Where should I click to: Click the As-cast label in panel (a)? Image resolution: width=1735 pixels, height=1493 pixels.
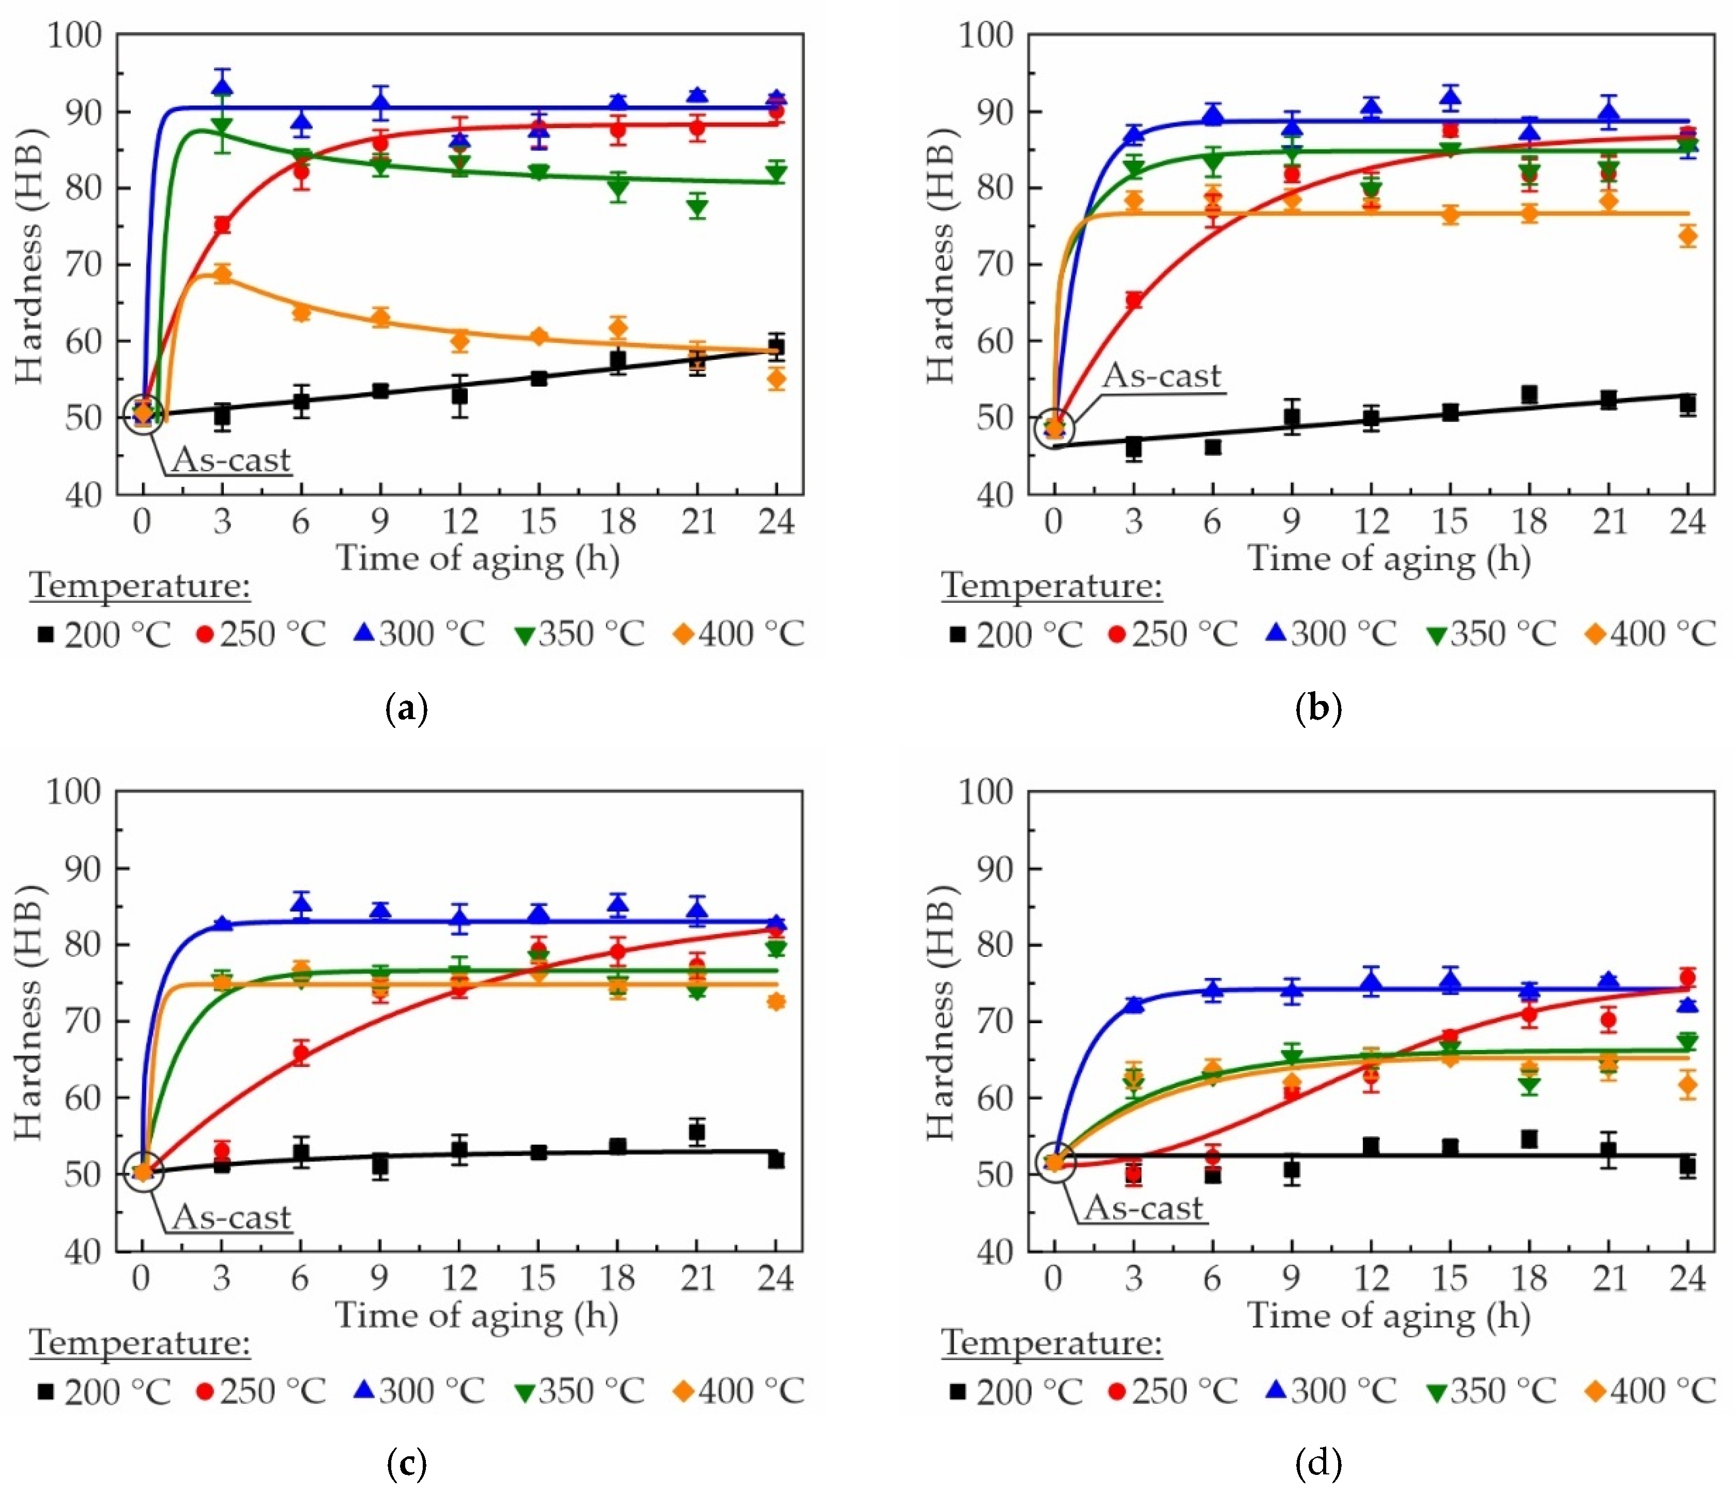point(231,460)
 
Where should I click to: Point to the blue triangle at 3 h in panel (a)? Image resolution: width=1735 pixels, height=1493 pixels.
point(222,86)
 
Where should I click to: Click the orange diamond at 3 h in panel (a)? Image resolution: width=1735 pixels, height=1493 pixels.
point(222,274)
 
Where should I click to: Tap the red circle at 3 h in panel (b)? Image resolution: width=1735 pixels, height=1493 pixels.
point(1134,300)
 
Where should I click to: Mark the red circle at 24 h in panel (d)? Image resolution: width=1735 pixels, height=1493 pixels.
point(1688,977)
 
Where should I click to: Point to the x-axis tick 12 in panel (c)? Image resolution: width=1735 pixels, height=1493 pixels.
point(459,1278)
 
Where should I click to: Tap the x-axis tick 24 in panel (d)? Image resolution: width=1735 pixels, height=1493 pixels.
point(1688,1278)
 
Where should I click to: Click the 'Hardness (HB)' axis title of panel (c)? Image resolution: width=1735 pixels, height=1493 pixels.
point(30,1020)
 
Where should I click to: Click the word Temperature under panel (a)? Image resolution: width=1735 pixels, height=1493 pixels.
point(140,585)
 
